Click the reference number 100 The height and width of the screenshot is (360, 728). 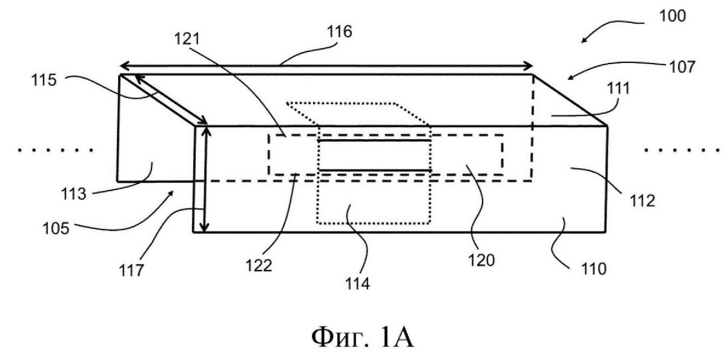pos(672,16)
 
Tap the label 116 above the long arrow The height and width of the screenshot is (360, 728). pos(339,32)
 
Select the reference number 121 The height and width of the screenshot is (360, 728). pos(187,39)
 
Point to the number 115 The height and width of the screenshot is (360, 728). pos(44,80)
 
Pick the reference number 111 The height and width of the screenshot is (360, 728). pos(619,88)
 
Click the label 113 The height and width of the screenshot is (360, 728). pos(74,194)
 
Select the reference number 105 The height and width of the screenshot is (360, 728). pos(56,229)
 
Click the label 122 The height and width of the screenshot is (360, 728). pos(259,265)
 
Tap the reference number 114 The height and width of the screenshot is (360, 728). pos(357,284)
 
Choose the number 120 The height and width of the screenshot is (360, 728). pos(481,261)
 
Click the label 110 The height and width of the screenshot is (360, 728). pos(594,269)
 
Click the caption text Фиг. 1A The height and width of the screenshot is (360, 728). pos(362,337)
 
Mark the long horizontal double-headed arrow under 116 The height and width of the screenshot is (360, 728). pos(327,66)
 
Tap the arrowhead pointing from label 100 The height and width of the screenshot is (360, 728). pos(584,41)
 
